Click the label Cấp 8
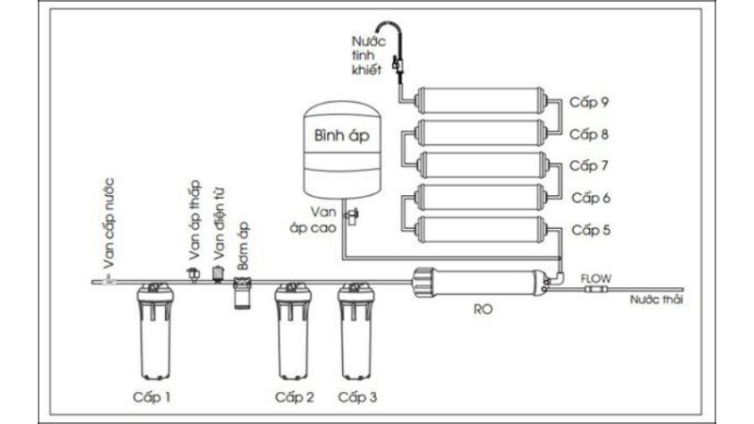point(592,134)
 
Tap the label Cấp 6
point(592,198)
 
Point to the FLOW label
point(596,278)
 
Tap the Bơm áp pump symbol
point(242,291)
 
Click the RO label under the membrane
point(483,308)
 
